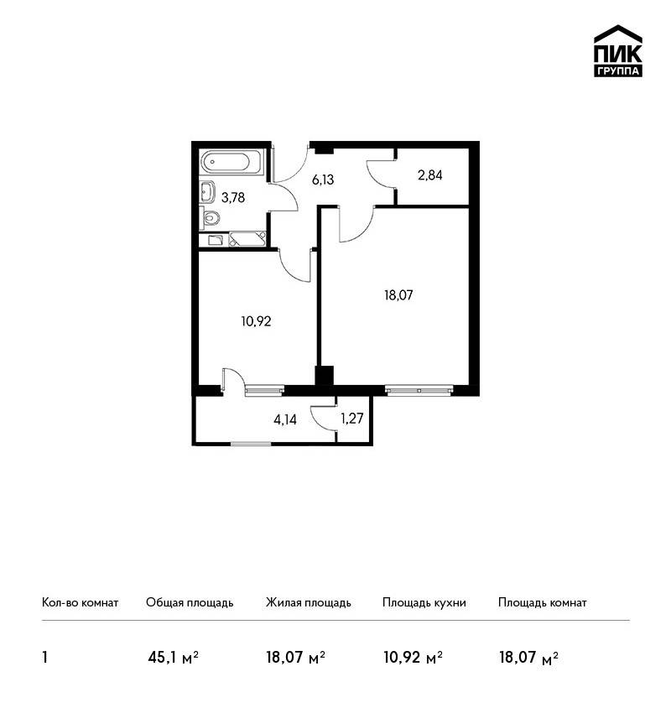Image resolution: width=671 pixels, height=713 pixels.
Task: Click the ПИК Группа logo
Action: click(x=618, y=51)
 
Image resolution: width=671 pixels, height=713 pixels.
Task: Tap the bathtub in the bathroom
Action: click(x=231, y=163)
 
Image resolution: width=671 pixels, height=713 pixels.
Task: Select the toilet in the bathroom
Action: click(x=210, y=218)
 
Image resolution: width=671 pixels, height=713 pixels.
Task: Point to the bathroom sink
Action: click(x=207, y=191)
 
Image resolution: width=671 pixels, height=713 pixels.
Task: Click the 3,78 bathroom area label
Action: click(x=233, y=198)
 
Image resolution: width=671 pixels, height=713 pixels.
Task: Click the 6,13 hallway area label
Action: click(x=323, y=180)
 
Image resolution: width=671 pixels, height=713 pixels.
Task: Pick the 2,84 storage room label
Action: click(x=430, y=175)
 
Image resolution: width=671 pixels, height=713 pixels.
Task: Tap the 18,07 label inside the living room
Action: click(x=398, y=295)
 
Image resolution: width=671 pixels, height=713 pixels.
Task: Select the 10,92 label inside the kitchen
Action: click(x=257, y=322)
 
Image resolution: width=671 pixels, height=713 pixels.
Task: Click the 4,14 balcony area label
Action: click(x=285, y=419)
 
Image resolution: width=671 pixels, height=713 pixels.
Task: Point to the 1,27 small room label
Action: click(x=352, y=419)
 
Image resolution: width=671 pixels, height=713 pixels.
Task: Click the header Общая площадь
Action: click(x=190, y=603)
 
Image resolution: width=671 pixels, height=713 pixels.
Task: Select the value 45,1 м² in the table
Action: click(x=174, y=657)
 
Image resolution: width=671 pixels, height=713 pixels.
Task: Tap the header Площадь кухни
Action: click(x=424, y=603)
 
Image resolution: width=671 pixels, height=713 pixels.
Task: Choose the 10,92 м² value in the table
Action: click(x=414, y=657)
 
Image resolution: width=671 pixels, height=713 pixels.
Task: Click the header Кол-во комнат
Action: click(x=80, y=603)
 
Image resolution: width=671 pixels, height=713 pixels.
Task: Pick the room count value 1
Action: click(x=44, y=657)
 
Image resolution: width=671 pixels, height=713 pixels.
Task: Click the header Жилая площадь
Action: click(x=308, y=603)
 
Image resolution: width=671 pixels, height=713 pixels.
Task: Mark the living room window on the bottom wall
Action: click(x=419, y=390)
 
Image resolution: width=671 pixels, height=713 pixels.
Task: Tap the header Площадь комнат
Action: click(x=543, y=603)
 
